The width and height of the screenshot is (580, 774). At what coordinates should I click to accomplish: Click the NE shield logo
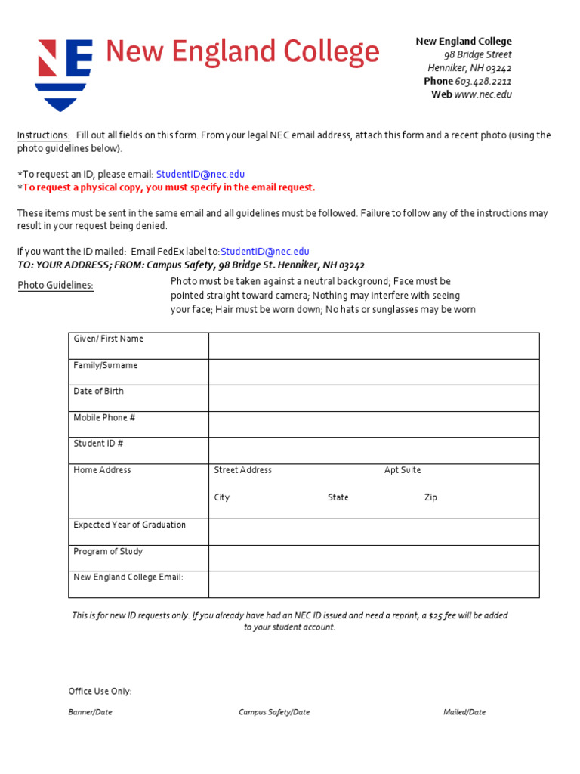[64, 73]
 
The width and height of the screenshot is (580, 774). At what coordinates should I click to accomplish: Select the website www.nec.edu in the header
[483, 95]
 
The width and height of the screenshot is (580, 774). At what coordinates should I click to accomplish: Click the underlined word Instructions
[44, 136]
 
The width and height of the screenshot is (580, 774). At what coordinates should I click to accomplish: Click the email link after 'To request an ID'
[200, 175]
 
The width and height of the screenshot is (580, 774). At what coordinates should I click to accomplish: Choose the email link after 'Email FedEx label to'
[265, 252]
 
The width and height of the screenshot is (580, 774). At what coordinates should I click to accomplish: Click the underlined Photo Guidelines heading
[55, 286]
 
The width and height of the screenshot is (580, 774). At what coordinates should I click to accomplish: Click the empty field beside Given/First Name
[374, 346]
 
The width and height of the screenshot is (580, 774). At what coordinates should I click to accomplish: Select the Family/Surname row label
[106, 366]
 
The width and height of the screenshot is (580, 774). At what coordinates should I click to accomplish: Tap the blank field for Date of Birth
[374, 398]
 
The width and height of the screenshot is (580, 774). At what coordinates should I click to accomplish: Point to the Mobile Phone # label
[104, 418]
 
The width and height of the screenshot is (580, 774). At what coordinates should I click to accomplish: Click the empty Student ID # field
[374, 450]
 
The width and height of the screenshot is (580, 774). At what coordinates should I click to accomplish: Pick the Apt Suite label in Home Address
[403, 470]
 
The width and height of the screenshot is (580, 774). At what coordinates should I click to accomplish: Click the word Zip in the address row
[430, 498]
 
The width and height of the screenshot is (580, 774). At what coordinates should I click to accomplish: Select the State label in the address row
[338, 498]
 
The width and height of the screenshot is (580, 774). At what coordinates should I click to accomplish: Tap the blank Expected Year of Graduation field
[374, 532]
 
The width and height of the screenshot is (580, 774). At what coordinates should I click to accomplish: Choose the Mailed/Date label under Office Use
[464, 712]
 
